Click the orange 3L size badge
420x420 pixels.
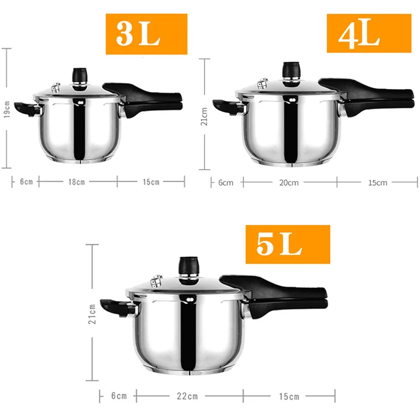point(147,34)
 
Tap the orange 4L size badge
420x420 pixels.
point(369,33)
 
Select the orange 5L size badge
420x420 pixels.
point(288,244)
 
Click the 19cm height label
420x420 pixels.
point(7,109)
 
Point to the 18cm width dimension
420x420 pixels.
point(77,182)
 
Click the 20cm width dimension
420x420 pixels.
point(289,183)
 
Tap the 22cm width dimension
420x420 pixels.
point(187,396)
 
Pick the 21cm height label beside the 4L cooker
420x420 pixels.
point(204,116)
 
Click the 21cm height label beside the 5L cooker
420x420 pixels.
point(92,314)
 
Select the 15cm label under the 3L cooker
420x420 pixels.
point(151,182)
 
